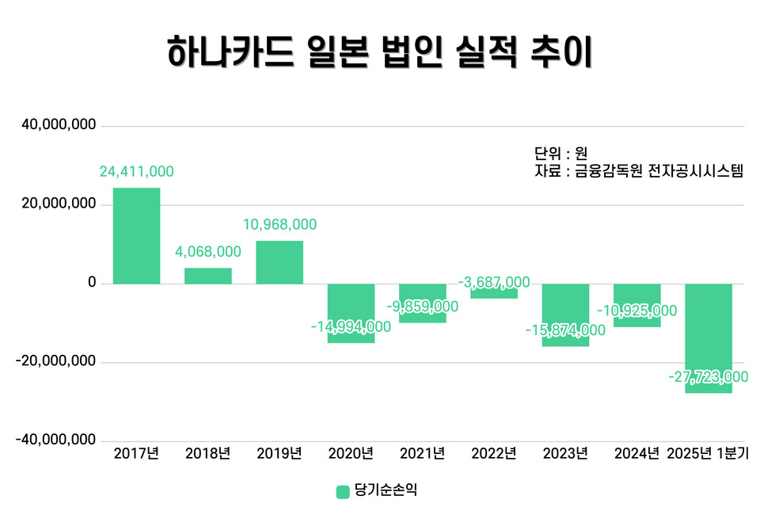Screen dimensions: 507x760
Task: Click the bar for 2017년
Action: point(136,235)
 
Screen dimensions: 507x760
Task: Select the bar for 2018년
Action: point(208,276)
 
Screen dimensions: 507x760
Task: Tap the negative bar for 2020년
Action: point(351,313)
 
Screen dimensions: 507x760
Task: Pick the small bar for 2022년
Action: point(494,292)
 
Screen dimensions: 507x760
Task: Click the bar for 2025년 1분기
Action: point(709,338)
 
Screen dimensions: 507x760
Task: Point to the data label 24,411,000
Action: point(136,171)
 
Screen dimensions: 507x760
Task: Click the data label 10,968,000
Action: point(279,225)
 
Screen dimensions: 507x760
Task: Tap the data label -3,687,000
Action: point(494,283)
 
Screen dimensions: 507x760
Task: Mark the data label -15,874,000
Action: point(565,330)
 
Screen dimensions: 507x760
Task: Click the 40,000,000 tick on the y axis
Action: point(59,126)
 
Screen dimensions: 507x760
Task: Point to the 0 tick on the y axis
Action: point(91,283)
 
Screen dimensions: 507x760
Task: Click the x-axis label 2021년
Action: point(422,454)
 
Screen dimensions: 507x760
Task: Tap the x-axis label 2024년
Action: point(636,454)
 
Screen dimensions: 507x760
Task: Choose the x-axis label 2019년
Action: point(279,454)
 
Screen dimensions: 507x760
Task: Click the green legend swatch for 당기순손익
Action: point(343,491)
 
